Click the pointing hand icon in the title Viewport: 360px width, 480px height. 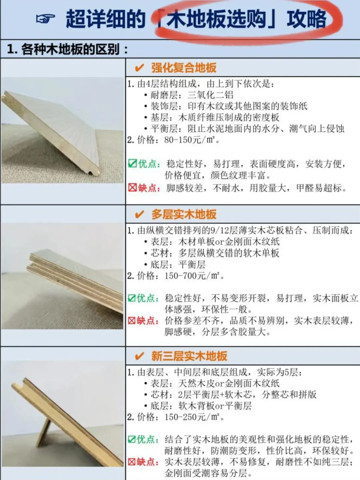click(45, 19)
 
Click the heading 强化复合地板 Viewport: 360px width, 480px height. click(184, 68)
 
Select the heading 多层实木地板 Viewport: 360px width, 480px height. click(184, 214)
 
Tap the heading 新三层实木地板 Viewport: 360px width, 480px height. click(189, 356)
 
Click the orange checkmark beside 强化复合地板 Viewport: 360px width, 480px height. click(139, 68)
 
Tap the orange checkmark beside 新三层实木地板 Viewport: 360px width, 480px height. click(139, 356)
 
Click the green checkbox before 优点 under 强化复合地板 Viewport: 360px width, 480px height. click(132, 163)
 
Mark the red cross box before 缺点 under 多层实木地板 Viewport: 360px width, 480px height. click(132, 321)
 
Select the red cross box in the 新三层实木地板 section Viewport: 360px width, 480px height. click(132, 462)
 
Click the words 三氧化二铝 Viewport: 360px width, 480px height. click(210, 95)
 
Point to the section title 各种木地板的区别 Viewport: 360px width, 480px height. click(70, 49)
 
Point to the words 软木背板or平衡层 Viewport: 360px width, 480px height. click(215, 406)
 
